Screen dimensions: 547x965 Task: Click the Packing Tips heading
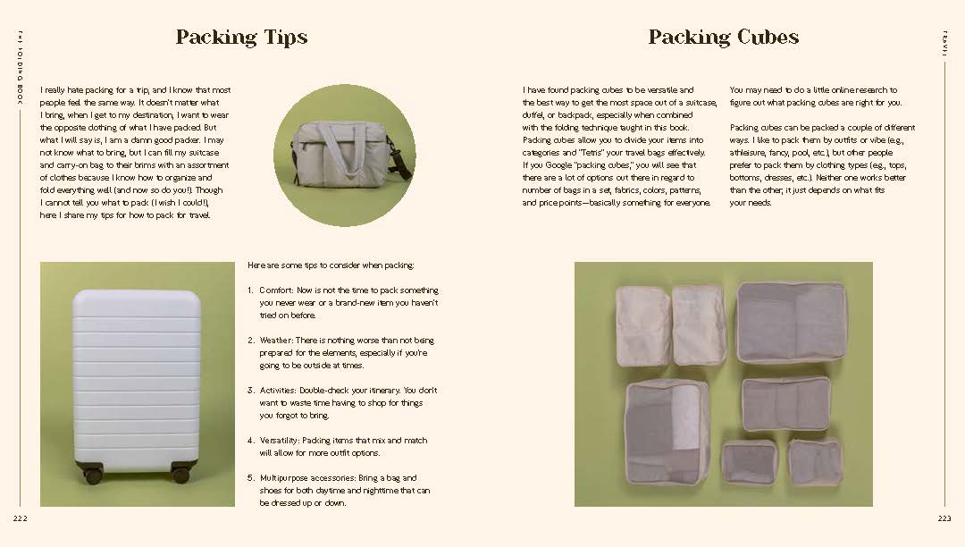(241, 38)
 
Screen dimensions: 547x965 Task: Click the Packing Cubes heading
(723, 38)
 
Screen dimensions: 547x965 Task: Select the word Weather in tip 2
(277, 341)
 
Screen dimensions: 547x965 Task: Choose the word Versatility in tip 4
(281, 441)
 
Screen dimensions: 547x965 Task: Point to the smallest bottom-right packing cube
(815, 462)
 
